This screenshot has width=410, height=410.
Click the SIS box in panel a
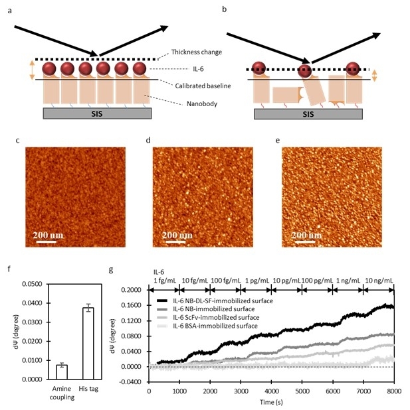click(96, 113)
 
